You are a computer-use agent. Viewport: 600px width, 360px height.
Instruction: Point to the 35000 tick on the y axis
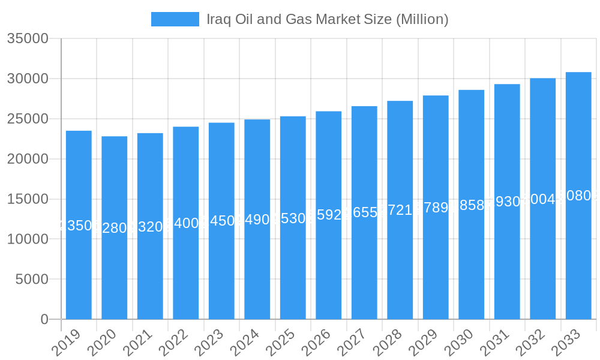point(28,39)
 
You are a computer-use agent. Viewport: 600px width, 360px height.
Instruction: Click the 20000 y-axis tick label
point(28,159)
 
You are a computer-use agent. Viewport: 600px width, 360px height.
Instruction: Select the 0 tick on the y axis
point(44,319)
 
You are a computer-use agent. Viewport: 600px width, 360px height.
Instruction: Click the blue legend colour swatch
point(175,19)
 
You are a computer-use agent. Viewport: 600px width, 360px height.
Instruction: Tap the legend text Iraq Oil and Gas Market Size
point(327,19)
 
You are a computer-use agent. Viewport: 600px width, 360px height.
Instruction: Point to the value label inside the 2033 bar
point(578,196)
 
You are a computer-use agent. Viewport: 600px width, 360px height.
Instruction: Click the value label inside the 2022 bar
point(186,223)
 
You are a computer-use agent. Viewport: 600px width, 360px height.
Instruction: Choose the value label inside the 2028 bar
point(400,210)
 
